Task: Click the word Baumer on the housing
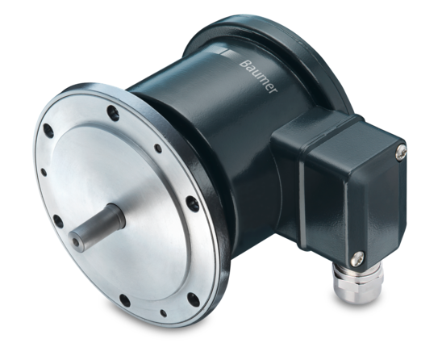pos(258,77)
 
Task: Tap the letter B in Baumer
pos(244,64)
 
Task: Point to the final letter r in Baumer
pos(273,90)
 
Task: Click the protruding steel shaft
pos(97,228)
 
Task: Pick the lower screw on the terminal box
pos(357,259)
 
